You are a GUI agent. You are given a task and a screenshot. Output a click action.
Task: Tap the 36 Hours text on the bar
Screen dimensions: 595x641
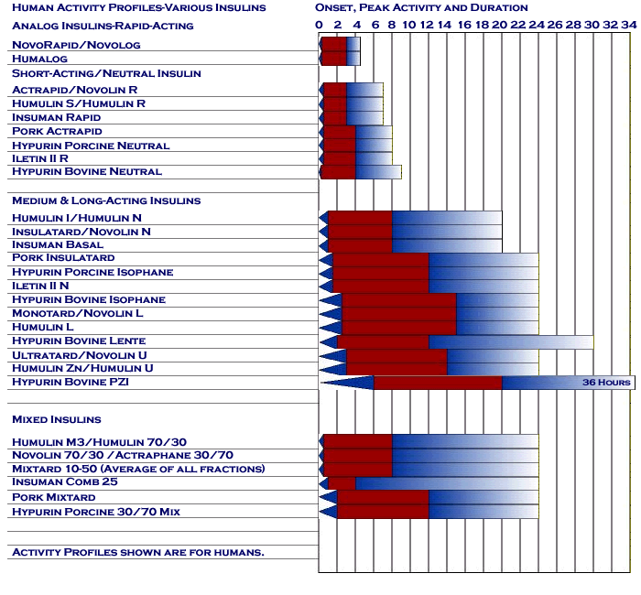[x=606, y=383]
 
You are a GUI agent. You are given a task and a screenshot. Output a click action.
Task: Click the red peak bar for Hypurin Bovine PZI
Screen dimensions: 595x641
[x=437, y=383]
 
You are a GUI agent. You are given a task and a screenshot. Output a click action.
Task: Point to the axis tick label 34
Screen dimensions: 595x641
[x=627, y=25]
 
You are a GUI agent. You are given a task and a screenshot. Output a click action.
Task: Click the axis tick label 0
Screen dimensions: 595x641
[x=319, y=25]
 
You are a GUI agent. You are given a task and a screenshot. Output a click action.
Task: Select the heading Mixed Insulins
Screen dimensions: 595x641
[x=56, y=419]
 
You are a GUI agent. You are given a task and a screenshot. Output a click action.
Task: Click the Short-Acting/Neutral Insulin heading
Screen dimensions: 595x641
[x=106, y=73]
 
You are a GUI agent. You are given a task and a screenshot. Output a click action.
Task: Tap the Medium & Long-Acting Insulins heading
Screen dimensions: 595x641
[x=106, y=200]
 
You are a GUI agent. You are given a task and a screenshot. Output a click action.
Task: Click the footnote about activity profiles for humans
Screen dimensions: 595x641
[x=137, y=552]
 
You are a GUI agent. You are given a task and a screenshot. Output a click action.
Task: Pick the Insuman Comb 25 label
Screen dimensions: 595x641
[x=65, y=483]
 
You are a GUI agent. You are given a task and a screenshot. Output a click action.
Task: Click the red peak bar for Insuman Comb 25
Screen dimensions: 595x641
[x=342, y=483]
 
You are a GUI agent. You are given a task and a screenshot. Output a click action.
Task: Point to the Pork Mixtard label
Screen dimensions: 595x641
[x=53, y=497]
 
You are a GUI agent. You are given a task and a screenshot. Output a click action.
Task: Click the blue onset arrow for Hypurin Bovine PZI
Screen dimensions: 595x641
[x=348, y=383]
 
